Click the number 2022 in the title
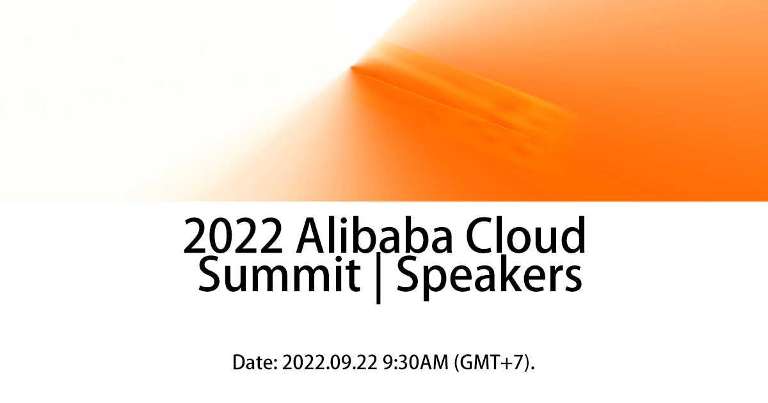[x=234, y=237]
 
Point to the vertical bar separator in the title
[x=379, y=278]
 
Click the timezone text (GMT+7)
[x=493, y=363]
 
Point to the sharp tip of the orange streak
[x=352, y=67]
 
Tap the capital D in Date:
[x=239, y=363]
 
